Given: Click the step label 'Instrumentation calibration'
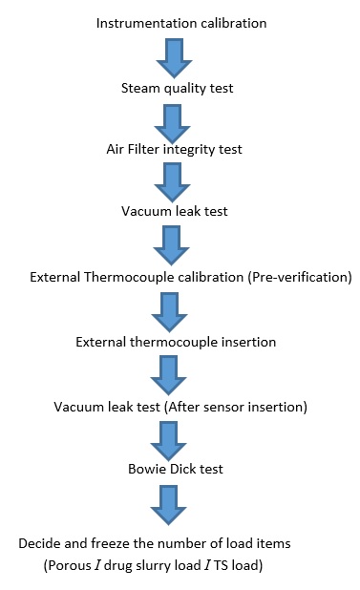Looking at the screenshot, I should pyautogui.click(x=181, y=22).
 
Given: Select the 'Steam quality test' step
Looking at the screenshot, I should pyautogui.click(x=179, y=90).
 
